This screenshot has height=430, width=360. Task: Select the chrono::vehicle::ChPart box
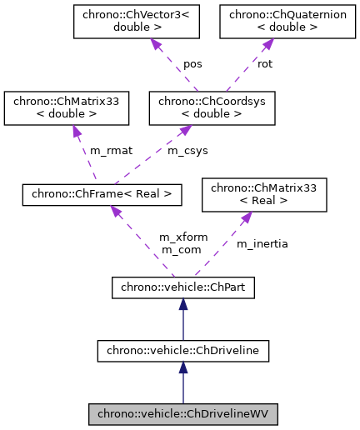click(x=182, y=288)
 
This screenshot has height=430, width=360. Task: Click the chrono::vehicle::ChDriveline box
click(x=182, y=350)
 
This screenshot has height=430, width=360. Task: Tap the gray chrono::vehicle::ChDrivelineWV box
click(x=182, y=412)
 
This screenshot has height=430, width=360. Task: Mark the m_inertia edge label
click(x=262, y=243)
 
